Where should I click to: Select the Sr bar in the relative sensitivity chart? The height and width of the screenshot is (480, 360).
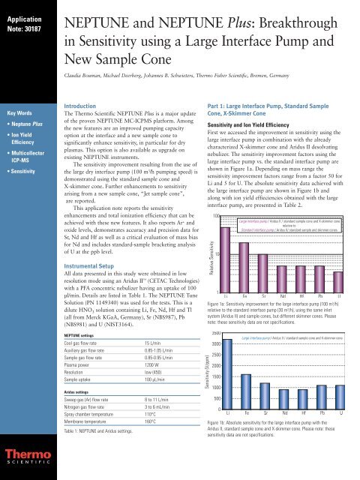click(264, 255)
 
